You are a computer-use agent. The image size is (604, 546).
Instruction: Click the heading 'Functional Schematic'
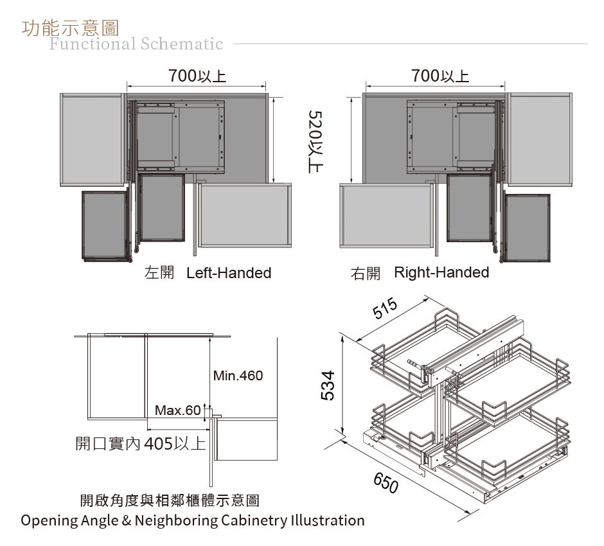click(136, 44)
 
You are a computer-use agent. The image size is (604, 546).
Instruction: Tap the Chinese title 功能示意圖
click(71, 28)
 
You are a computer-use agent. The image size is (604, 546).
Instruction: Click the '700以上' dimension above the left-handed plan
click(197, 75)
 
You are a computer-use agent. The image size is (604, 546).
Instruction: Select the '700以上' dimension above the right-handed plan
click(440, 75)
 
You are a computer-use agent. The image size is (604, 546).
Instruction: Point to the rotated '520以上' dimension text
click(316, 142)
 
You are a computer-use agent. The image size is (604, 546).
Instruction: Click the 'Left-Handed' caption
click(229, 272)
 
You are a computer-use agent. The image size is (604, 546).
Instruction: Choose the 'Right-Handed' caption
click(441, 272)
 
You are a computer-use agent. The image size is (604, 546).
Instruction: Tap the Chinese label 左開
click(159, 272)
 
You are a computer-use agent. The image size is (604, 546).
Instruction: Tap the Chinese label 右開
click(365, 274)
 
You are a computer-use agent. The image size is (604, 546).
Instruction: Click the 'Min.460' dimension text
click(238, 375)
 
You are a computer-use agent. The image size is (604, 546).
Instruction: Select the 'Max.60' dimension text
click(178, 410)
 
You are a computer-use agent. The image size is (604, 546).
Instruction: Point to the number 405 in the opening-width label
click(158, 444)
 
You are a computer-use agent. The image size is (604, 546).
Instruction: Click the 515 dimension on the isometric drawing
click(385, 308)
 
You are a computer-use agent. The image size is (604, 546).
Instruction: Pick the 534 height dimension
click(328, 385)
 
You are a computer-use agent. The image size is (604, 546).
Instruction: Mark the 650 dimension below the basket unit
click(386, 483)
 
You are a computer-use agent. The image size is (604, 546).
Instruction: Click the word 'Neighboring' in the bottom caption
click(177, 520)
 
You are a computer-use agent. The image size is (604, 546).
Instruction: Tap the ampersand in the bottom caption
click(127, 520)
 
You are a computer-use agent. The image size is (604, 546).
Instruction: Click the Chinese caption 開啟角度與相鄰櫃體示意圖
click(170, 500)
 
